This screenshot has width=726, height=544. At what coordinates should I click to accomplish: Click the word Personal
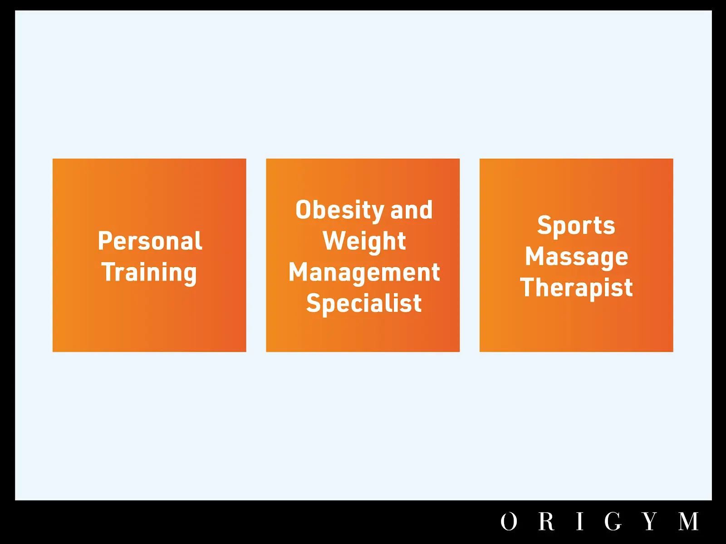tap(150, 241)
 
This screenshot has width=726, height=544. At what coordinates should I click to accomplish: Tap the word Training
tap(149, 273)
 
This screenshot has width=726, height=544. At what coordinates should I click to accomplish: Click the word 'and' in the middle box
tap(411, 209)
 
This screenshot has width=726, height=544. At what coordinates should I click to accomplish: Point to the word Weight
tap(364, 241)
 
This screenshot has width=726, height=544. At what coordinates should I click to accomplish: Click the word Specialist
tap(364, 303)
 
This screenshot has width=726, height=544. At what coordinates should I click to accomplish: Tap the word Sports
tap(576, 226)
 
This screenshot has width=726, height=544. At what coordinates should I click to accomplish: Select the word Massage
tap(577, 257)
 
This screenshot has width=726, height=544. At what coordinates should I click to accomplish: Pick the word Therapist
tap(577, 288)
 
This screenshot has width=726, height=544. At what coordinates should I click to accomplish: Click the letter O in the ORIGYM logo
tap(509, 521)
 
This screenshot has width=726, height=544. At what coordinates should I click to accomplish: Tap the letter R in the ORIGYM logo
tap(547, 521)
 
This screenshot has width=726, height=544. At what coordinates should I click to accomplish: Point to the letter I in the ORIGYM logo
tap(579, 521)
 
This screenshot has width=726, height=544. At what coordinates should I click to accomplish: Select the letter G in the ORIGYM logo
tap(613, 521)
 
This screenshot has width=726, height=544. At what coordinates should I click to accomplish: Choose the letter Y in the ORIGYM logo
tap(650, 521)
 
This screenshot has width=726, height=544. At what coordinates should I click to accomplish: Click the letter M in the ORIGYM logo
tap(689, 521)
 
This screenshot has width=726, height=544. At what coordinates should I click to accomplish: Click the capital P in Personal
tap(104, 241)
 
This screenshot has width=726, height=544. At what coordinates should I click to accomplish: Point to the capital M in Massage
tap(534, 256)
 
